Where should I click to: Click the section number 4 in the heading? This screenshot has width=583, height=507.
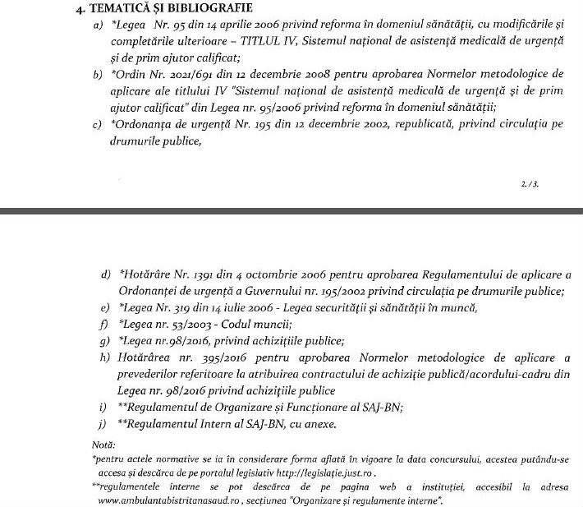[68, 11]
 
